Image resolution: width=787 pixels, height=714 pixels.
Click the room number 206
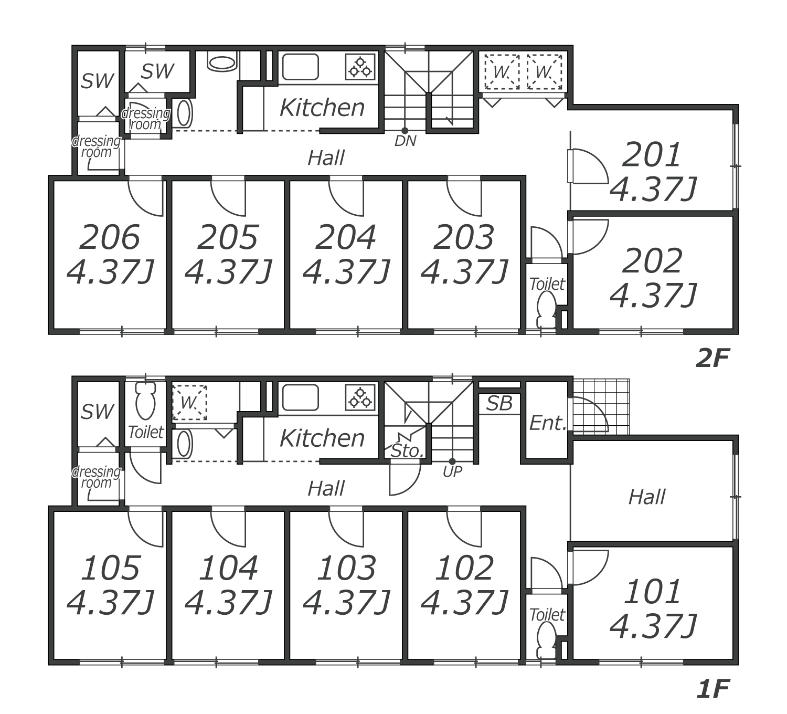(x=110, y=237)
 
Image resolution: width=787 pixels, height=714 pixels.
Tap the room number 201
(x=652, y=155)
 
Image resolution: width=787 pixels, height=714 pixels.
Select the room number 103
(x=346, y=568)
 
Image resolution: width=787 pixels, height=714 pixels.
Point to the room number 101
(x=652, y=592)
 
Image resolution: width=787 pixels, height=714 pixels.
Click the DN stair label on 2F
(x=405, y=141)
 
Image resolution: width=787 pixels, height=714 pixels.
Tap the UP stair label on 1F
(x=452, y=471)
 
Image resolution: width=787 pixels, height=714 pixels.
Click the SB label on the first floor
(x=499, y=403)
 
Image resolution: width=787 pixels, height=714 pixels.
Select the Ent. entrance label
(x=548, y=423)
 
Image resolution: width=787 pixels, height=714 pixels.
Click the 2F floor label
(x=712, y=359)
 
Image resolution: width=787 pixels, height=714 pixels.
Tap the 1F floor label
(x=712, y=689)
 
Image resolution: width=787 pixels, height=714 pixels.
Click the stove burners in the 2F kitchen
(x=360, y=67)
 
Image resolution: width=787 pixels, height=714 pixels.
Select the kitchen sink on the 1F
(x=300, y=397)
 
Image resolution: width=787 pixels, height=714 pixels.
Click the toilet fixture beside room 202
(x=547, y=311)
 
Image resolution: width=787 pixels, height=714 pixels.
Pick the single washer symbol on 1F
(x=189, y=403)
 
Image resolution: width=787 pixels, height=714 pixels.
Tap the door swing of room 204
(x=346, y=199)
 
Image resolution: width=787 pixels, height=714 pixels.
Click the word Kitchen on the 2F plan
(x=322, y=108)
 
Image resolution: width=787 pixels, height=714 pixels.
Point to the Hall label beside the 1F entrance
(x=646, y=497)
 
